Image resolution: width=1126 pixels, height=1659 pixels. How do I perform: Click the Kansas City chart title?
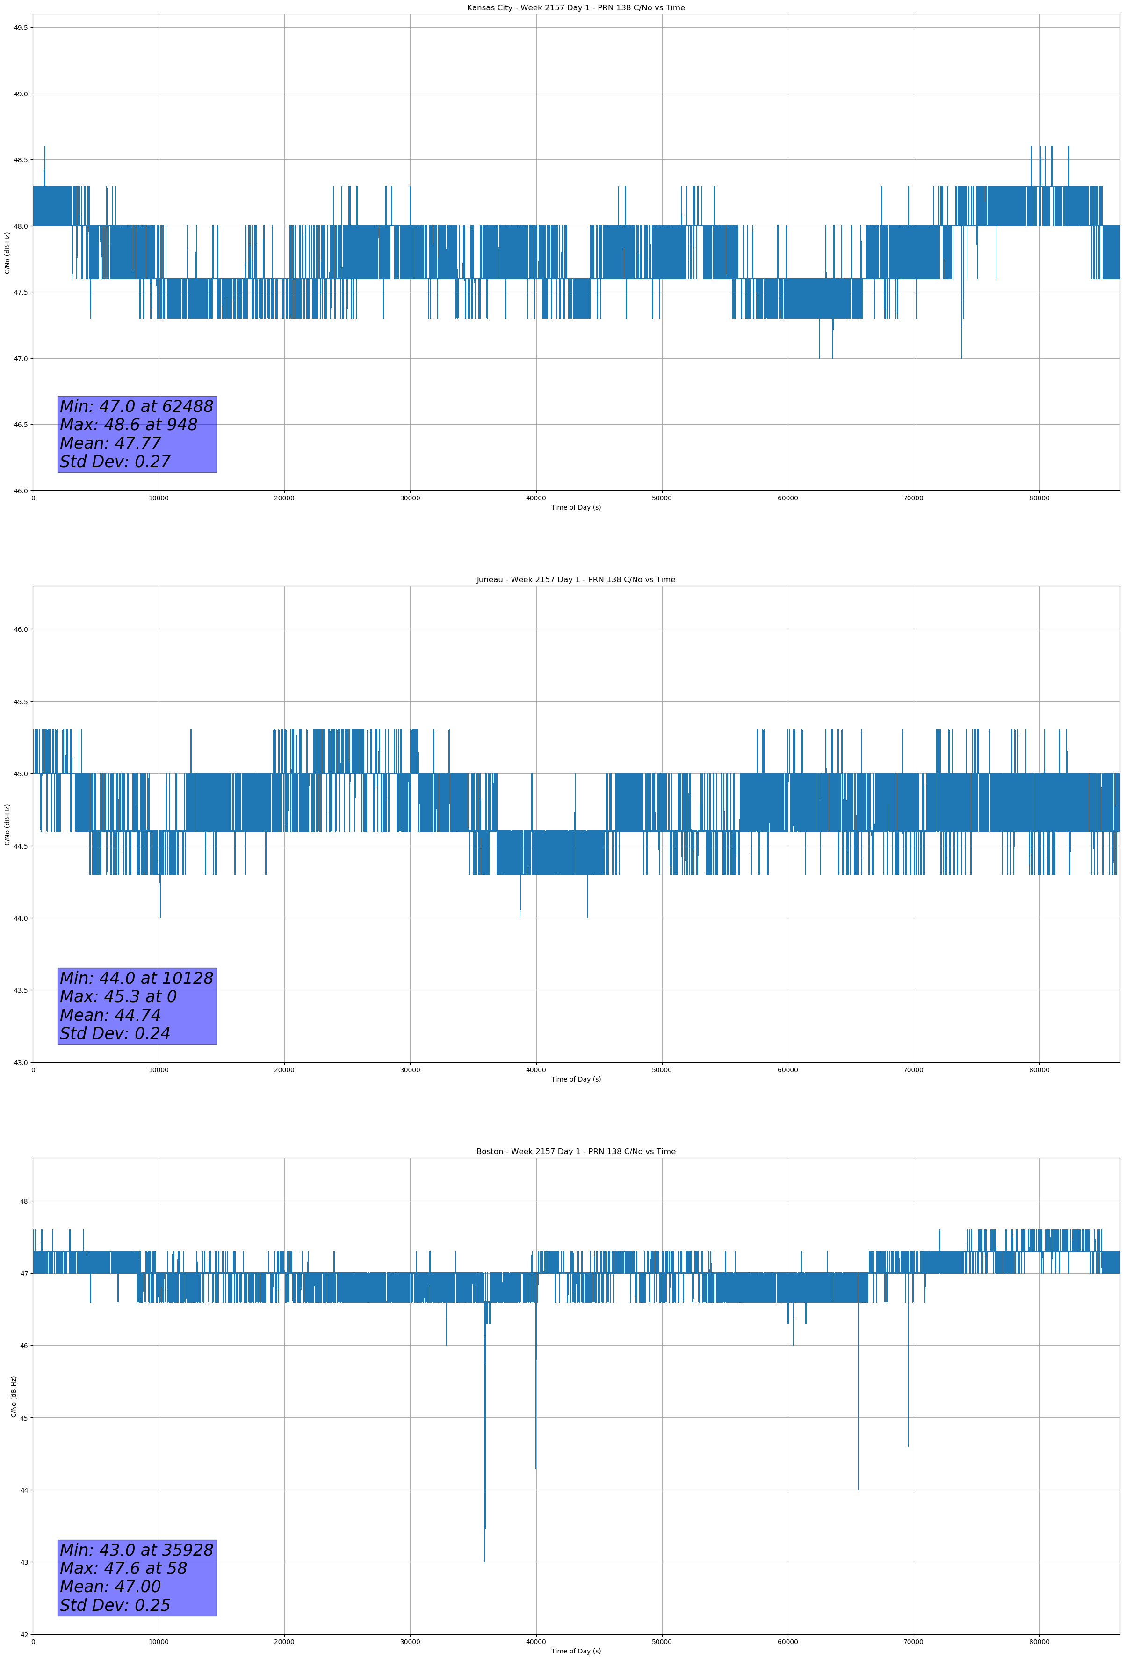tap(576, 8)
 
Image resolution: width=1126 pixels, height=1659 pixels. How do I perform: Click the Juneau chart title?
tap(576, 580)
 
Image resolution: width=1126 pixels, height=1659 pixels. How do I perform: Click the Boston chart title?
tap(576, 1152)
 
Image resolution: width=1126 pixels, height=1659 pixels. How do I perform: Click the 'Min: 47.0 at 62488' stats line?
tap(137, 406)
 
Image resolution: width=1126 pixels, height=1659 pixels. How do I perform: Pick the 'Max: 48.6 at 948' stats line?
tap(129, 425)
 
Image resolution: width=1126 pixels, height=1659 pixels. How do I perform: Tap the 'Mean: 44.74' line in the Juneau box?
tap(111, 1015)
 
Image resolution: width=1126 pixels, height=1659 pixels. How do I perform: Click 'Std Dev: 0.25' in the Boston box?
tap(115, 1605)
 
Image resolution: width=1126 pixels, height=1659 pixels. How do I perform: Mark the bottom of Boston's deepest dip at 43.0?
tap(485, 1561)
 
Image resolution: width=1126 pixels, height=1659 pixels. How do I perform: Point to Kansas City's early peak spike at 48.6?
tap(45, 147)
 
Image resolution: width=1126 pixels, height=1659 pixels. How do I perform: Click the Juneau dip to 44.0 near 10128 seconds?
tap(160, 917)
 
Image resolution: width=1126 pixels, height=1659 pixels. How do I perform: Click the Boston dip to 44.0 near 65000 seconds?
tap(858, 1489)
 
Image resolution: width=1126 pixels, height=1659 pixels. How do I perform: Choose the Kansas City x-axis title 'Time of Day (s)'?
tap(576, 507)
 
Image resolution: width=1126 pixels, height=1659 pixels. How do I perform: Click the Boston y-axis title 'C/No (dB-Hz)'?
tap(14, 1396)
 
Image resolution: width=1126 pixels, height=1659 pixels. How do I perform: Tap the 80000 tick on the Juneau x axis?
tap(1039, 1070)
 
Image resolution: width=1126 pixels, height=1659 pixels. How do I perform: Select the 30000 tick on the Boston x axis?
tap(410, 1642)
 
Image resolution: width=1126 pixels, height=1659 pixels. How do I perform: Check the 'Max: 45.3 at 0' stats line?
tap(118, 996)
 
